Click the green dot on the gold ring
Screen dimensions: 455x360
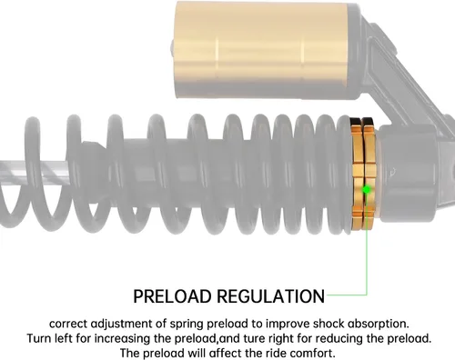click(367, 190)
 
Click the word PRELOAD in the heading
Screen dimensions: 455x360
click(172, 296)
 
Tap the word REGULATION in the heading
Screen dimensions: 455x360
click(271, 296)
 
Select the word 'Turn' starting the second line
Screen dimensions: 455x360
click(39, 338)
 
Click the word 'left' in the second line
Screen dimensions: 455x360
click(63, 338)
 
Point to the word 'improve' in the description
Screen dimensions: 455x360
click(288, 325)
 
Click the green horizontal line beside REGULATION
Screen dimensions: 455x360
click(347, 295)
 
